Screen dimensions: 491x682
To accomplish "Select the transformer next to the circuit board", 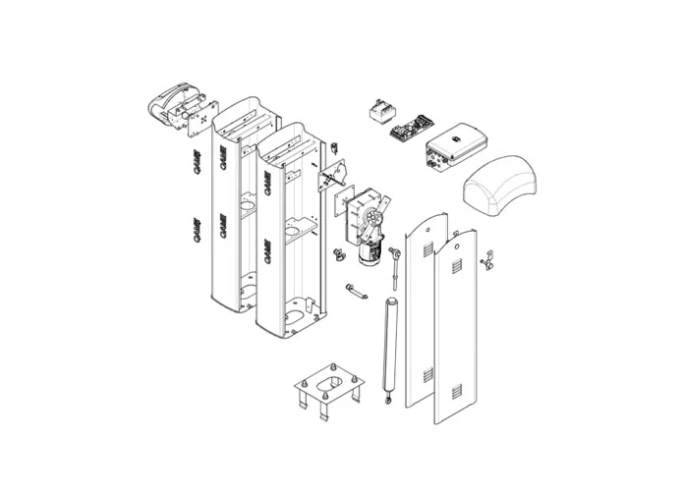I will point(380,111).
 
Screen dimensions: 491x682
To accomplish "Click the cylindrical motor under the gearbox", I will point(369,254).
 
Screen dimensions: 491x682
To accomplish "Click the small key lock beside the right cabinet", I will point(334,149).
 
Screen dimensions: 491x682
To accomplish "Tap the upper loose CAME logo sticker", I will point(196,159).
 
